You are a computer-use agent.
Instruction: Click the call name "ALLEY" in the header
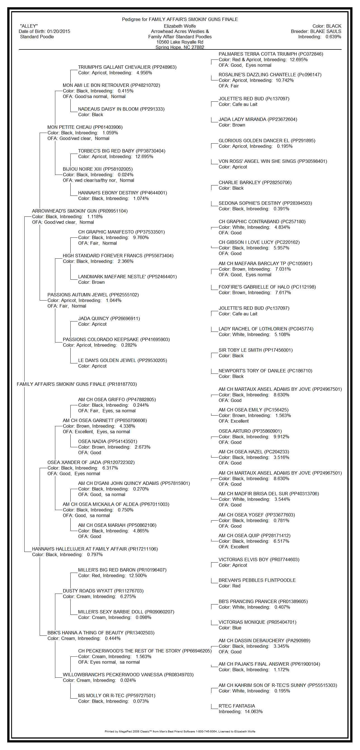pos(29,26)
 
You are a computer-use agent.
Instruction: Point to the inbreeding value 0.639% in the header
pos(333,37)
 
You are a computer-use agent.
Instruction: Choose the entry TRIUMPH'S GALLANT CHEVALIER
pos(114,67)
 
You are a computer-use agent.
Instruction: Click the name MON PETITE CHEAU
pos(70,127)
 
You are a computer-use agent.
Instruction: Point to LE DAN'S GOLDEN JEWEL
pos(107,360)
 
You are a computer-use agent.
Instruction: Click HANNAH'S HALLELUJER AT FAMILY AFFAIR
pos(79,549)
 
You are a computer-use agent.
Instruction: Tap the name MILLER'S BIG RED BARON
pos(106,570)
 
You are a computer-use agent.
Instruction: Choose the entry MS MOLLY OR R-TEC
pos(101,696)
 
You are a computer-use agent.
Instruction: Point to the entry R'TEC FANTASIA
pos(237,706)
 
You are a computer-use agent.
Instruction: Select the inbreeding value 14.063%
pos(254,711)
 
